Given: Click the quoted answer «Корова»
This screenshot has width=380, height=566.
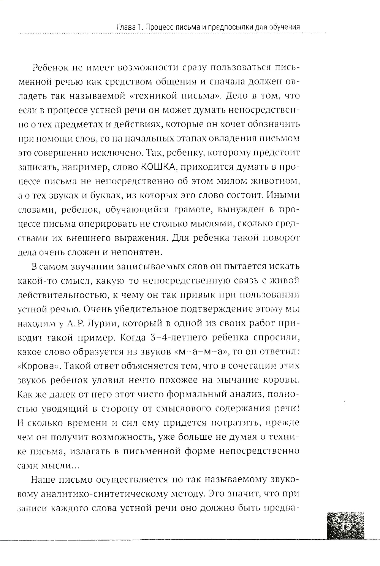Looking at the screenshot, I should click(x=40, y=366).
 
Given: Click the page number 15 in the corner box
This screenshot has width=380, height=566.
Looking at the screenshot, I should click(x=345, y=527).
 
